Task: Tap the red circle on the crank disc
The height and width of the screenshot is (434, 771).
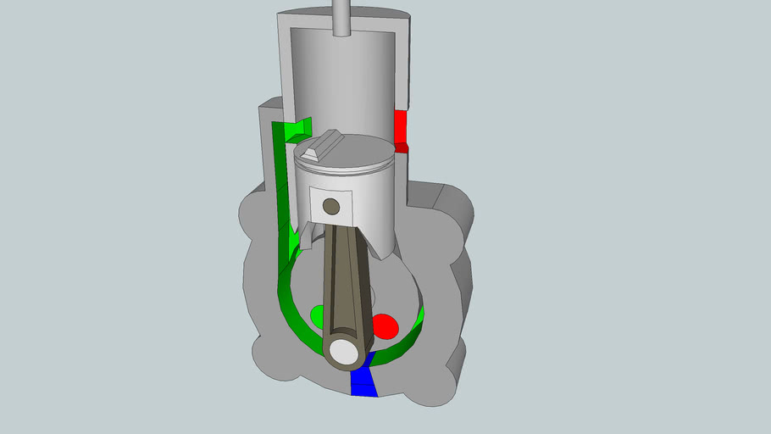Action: click(x=385, y=325)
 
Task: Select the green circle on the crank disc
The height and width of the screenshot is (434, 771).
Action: click(x=318, y=316)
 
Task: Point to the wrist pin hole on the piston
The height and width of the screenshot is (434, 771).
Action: click(x=331, y=206)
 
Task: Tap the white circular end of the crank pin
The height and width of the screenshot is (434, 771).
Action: click(x=345, y=351)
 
